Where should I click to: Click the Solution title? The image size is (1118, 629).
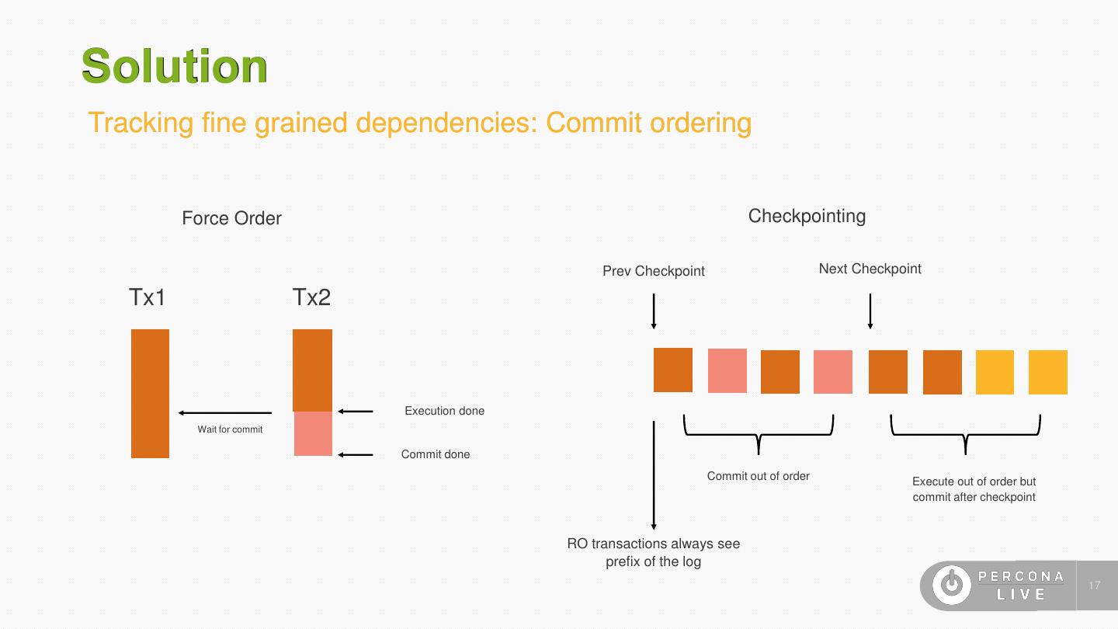click(175, 66)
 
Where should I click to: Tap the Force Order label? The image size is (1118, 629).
click(231, 218)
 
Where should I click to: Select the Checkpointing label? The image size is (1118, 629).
click(807, 216)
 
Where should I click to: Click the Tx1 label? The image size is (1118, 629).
click(148, 297)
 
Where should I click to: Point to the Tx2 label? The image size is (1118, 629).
click(311, 297)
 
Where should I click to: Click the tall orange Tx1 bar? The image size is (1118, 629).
click(150, 393)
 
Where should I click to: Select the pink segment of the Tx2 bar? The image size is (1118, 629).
click(313, 433)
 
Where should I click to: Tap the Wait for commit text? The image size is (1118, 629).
click(230, 429)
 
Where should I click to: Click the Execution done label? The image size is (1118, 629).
click(444, 411)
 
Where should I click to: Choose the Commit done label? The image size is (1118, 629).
click(435, 454)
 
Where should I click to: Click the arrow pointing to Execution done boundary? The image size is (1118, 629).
click(356, 412)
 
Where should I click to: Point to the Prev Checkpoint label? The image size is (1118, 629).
click(654, 271)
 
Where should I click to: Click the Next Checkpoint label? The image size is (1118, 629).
click(870, 269)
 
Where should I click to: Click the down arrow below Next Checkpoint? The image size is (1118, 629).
click(870, 311)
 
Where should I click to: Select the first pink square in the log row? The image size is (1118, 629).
click(727, 371)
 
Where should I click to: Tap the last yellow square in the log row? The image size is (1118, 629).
click(1047, 372)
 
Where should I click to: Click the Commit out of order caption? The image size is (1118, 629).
click(758, 476)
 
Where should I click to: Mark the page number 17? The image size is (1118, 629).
click(1095, 586)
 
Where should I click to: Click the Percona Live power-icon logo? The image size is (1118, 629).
click(951, 585)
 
